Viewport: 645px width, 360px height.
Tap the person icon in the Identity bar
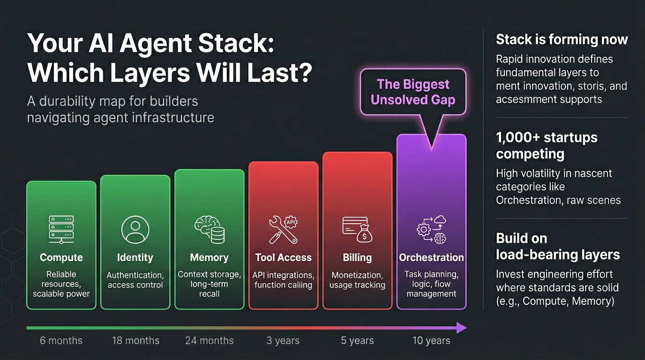[x=135, y=230]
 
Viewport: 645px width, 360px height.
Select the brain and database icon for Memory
[x=210, y=230]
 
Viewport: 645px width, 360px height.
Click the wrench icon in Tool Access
[x=283, y=230]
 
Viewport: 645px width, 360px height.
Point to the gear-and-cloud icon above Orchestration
[x=431, y=230]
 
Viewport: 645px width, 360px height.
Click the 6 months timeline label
[x=61, y=341]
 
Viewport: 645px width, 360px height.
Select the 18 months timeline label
[x=135, y=341]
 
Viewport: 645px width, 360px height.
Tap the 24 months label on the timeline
[x=210, y=341]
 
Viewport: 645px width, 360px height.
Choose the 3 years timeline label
[x=283, y=341]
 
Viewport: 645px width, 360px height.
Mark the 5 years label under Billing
[x=357, y=341]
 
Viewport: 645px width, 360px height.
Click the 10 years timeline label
[x=431, y=341]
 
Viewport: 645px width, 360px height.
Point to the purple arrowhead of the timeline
[x=462, y=328]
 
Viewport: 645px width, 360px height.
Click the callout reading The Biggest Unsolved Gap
[x=413, y=92]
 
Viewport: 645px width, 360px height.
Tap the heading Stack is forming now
[x=562, y=39]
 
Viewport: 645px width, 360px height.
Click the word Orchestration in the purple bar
[x=431, y=257]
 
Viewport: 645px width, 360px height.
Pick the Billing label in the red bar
[x=357, y=257]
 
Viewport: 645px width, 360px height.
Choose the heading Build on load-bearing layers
[x=558, y=247]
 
